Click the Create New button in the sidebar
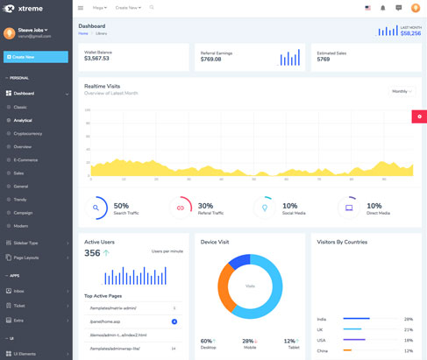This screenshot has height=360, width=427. [35, 57]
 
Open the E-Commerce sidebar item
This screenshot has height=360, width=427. [25, 160]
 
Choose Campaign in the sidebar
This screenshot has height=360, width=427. [23, 213]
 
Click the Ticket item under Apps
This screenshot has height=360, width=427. [19, 306]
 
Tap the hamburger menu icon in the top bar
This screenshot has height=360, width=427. [81, 8]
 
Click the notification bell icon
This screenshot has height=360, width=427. [382, 8]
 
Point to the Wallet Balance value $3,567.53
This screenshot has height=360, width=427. [97, 59]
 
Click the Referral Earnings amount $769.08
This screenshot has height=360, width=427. [211, 60]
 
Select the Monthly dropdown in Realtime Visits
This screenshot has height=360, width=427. [402, 91]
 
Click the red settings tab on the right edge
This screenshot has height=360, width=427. [419, 116]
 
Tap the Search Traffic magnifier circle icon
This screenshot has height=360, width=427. [96, 208]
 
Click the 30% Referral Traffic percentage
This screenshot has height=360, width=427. [205, 206]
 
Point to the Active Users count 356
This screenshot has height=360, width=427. [92, 253]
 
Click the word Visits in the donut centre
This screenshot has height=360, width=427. [250, 286]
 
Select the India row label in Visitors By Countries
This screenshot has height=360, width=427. [322, 319]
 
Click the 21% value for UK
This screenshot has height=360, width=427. [409, 329]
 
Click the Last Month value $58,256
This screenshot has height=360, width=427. [410, 33]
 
